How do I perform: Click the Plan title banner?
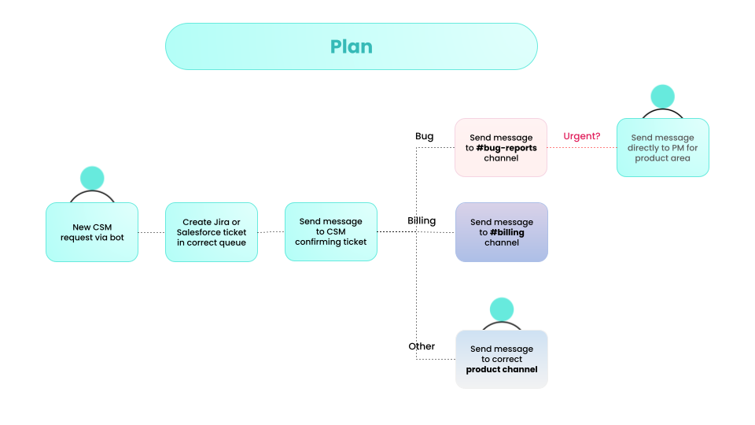[x=351, y=46]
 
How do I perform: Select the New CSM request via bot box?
[x=92, y=232]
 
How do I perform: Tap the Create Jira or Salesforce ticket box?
[x=212, y=232]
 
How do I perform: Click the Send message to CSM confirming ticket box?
[x=331, y=232]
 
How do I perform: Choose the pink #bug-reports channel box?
[x=501, y=147]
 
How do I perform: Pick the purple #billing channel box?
[x=501, y=232]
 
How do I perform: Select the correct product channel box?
[x=501, y=359]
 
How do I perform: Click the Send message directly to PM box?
[x=662, y=147]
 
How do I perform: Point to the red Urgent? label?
[x=581, y=136]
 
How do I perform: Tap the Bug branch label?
[x=424, y=136]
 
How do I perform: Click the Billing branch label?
[x=422, y=220]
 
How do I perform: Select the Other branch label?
[x=422, y=346]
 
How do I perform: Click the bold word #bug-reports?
[x=506, y=148]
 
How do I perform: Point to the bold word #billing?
[x=507, y=233]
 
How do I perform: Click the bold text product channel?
[x=501, y=369]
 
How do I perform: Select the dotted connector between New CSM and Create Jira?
[x=152, y=232]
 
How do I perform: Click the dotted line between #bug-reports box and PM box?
[x=581, y=147]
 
